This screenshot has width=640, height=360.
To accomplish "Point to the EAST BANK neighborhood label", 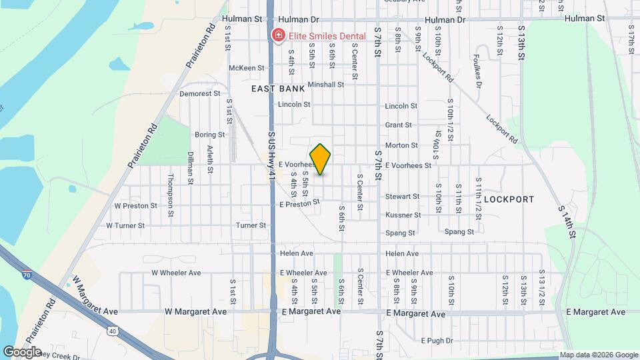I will coord(277,88).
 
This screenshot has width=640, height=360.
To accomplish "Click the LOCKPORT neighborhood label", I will coord(509,199).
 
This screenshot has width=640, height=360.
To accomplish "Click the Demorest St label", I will coord(199,94).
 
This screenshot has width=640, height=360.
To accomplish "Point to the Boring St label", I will coord(209,135).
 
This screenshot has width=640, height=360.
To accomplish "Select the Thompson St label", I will coord(171,187).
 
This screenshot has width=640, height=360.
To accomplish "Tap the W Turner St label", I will coord(126,226).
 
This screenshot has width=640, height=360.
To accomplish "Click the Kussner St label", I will coord(403,215).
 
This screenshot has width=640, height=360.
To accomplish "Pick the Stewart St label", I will coord(402,197).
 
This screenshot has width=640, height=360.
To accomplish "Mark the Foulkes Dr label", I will coord(477,71).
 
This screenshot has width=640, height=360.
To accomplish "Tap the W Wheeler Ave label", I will coord(176,273).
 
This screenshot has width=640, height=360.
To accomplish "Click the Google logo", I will coord(22,351).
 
